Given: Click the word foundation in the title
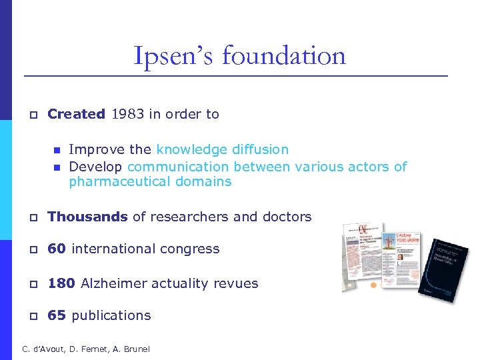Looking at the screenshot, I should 284,55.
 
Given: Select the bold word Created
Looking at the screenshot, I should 76,114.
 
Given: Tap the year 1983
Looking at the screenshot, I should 128,114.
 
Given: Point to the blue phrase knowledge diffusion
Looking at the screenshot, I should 222,149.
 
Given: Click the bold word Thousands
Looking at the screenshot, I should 87,217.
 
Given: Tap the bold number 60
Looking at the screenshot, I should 57,249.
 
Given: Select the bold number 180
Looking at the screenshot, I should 61,283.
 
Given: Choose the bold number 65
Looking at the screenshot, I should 57,315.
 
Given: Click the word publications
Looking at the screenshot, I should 111,316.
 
